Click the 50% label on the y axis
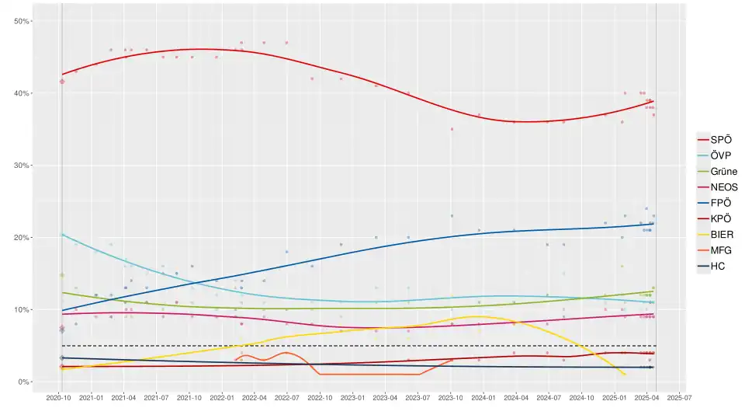click(21, 21)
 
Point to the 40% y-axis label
click(21, 93)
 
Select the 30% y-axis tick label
click(21, 166)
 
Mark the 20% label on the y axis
click(21, 238)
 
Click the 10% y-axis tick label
click(21, 310)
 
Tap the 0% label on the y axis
click(23, 382)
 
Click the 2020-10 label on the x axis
click(59, 398)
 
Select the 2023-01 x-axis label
click(353, 398)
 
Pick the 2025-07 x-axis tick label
click(679, 398)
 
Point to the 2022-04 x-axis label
click(255, 398)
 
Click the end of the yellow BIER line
click(625, 375)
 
